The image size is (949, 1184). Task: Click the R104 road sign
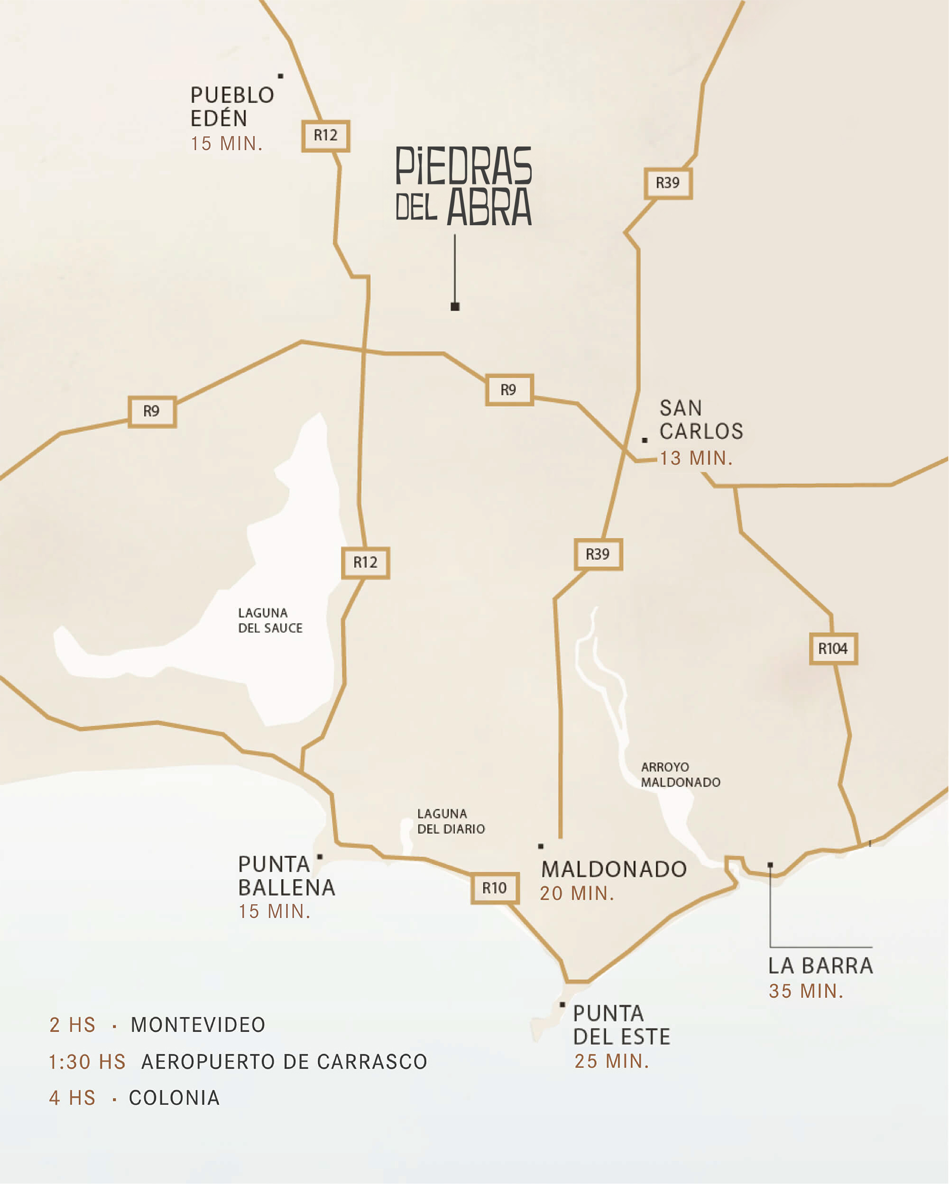coord(833,649)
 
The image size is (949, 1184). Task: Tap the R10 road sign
coord(495,888)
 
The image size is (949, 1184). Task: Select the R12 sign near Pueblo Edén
coord(326,136)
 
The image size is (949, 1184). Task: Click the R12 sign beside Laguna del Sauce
coord(365,562)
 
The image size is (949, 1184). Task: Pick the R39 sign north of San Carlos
coord(668,183)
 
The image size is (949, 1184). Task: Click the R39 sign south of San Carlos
coord(598,554)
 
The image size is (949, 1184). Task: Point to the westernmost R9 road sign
coord(152,411)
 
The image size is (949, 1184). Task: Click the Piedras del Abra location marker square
coord(455,306)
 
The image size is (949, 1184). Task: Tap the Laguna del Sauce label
coord(270,620)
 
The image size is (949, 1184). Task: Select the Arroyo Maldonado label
coord(680,774)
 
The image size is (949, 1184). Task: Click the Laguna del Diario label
coord(451,821)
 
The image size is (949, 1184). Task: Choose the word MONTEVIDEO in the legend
coord(198,1025)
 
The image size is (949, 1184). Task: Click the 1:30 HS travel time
coord(87,1062)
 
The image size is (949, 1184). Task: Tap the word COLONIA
coord(174,1098)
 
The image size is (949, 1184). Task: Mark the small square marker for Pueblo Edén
coord(281,76)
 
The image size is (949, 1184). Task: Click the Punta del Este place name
coord(621,1025)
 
